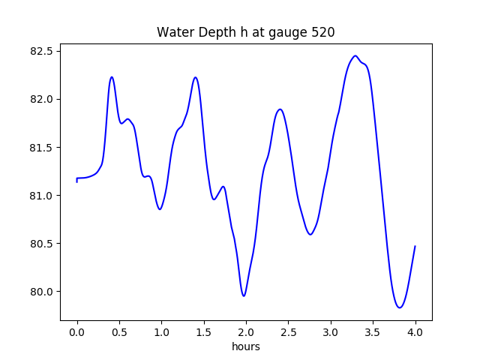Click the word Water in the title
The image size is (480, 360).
click(174, 33)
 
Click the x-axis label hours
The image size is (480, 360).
click(246, 346)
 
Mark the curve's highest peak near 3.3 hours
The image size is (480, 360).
click(355, 55)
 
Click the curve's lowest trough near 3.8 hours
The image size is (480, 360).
click(400, 307)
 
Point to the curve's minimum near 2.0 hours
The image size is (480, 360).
click(244, 295)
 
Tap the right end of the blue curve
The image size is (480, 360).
click(415, 246)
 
